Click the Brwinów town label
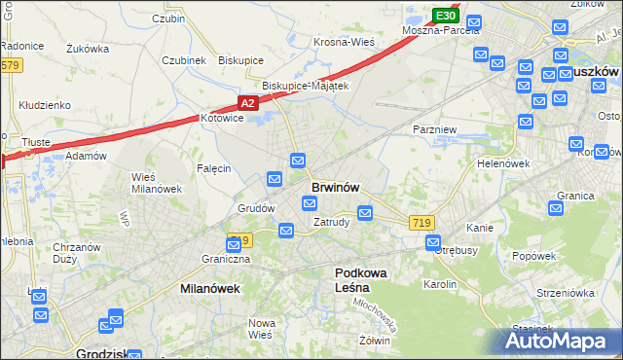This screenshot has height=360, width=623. click(x=336, y=186)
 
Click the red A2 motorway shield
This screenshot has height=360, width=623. click(x=248, y=101)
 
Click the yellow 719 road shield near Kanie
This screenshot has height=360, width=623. click(x=421, y=223)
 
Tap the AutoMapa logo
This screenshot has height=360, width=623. click(x=557, y=341)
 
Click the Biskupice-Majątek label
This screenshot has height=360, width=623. click(x=298, y=86)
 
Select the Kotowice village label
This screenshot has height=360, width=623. click(x=221, y=118)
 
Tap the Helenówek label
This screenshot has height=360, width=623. click(x=502, y=163)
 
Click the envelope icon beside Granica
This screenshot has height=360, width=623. click(x=556, y=207)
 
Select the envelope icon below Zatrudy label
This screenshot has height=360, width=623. click(x=286, y=231)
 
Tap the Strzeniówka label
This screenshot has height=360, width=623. click(x=560, y=292)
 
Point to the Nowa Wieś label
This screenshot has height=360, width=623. click(x=261, y=328)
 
